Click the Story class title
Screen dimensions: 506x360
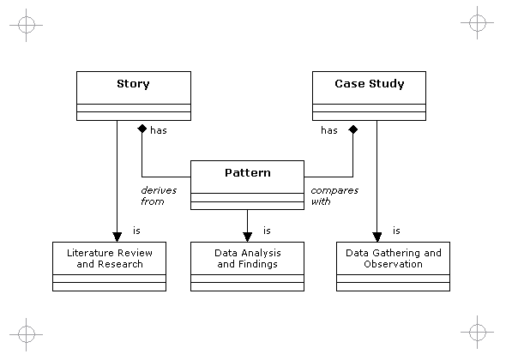tap(133, 84)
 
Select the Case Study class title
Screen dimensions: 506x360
tap(369, 84)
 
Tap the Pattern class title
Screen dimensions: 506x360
tap(248, 172)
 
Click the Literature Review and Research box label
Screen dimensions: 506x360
tap(110, 258)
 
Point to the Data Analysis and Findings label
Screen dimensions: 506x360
tap(248, 258)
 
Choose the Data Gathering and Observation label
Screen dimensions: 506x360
tap(394, 258)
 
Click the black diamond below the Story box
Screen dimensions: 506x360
tap(142, 129)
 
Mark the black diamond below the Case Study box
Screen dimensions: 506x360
tap(353, 129)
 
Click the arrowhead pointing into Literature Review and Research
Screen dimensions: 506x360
tap(117, 237)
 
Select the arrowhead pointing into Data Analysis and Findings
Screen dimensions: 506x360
tap(248, 237)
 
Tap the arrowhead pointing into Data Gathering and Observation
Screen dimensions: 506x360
tap(376, 237)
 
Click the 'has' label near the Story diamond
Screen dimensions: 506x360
tap(159, 130)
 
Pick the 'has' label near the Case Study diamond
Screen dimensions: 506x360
tap(329, 130)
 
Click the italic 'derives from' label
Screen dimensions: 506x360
tap(159, 195)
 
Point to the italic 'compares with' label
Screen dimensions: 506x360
tap(334, 195)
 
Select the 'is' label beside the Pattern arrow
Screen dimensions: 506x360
tap(267, 231)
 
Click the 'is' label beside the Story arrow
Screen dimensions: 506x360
tap(136, 231)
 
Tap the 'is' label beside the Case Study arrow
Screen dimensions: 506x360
tap(396, 231)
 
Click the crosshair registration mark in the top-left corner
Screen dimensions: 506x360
tap(26, 25)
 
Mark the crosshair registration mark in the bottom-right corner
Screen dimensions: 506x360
tap(478, 332)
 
